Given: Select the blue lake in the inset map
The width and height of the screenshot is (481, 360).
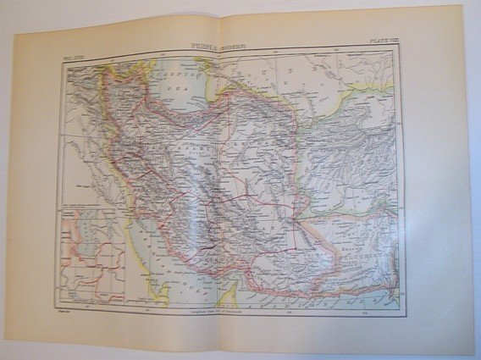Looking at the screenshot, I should pyautogui.click(x=82, y=232).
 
